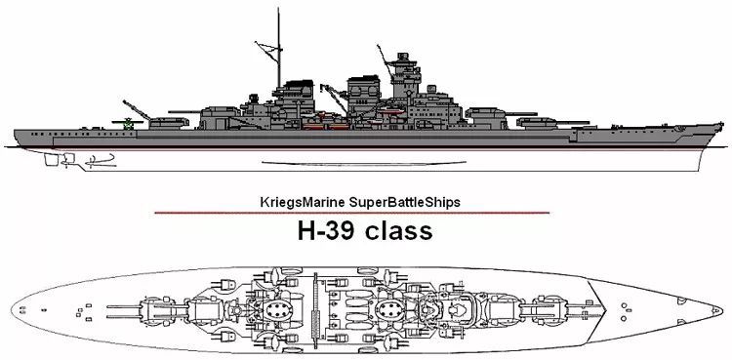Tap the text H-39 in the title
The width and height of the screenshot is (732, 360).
328,230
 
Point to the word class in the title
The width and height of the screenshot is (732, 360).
398,230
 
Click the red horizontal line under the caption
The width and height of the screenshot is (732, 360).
352,213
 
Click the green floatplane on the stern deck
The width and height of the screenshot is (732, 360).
127,123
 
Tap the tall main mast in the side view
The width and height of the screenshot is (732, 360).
279,47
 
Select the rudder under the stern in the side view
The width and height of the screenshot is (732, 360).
52,159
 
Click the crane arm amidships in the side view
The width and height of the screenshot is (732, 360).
334,98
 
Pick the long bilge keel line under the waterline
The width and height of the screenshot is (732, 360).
364,163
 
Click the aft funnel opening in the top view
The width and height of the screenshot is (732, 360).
277,309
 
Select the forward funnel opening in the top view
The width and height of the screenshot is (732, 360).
390,309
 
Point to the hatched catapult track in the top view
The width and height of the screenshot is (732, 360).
315,309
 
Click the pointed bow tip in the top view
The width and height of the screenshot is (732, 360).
721,310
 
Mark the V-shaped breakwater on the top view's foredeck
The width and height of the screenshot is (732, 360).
600,310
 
